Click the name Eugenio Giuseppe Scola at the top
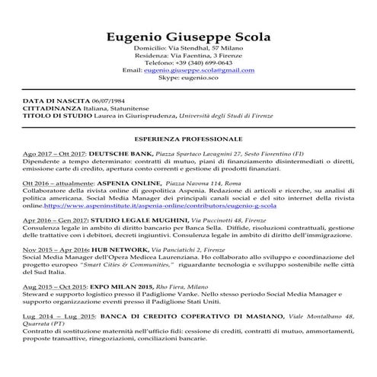tap(188, 37)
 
